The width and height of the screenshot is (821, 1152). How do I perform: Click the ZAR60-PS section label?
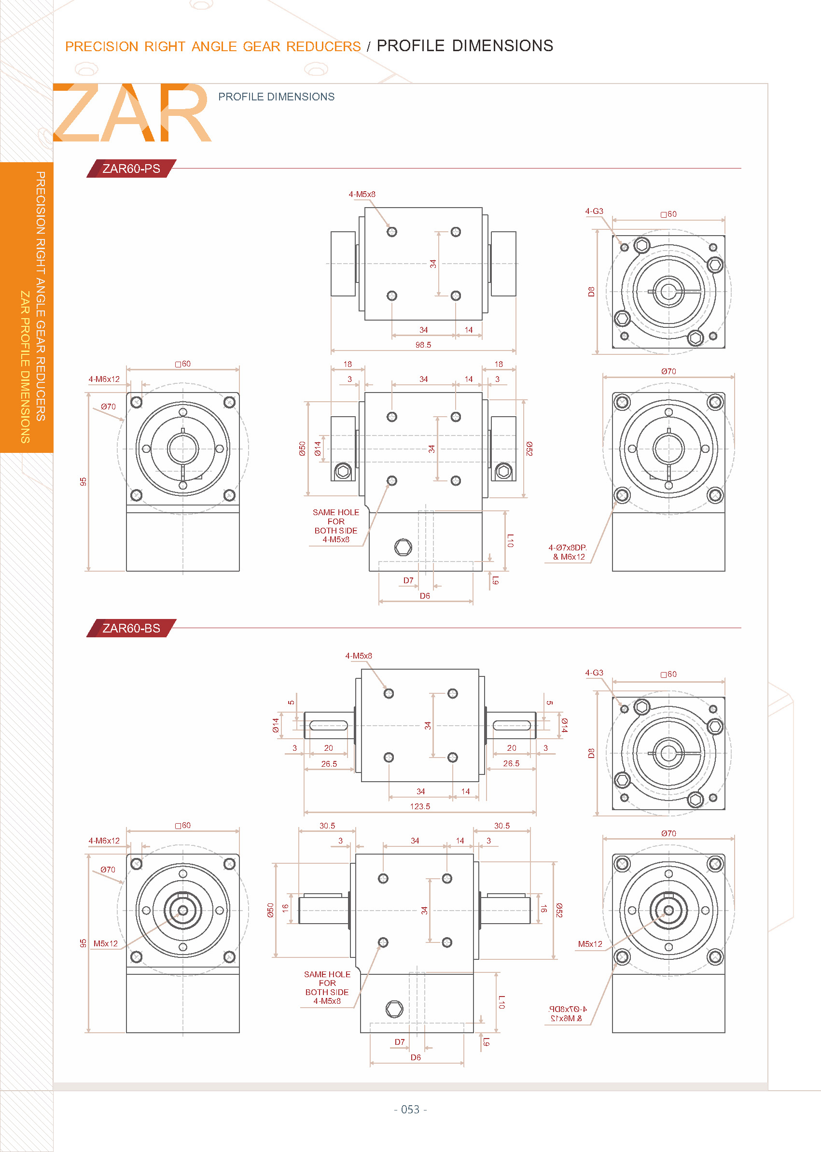tap(131, 169)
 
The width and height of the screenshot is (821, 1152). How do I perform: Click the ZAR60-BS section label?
tap(131, 628)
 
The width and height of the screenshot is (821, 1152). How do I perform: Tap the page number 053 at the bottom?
tap(410, 1109)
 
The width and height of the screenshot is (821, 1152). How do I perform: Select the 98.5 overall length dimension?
tap(423, 345)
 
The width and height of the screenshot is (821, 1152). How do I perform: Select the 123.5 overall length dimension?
tap(419, 806)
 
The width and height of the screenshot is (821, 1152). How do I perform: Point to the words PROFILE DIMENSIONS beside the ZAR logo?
tap(276, 97)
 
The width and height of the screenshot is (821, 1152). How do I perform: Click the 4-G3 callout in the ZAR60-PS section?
tap(594, 211)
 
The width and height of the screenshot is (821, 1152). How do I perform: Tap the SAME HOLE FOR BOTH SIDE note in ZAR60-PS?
tap(335, 525)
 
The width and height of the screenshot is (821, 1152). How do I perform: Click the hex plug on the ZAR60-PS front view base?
tap(403, 547)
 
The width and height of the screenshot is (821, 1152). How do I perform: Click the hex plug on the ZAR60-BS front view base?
tap(394, 1009)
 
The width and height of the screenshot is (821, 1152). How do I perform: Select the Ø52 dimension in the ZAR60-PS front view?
tap(529, 449)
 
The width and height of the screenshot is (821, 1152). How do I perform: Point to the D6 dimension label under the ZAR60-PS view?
tap(425, 596)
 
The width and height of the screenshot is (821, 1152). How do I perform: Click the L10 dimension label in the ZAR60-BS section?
tap(501, 1002)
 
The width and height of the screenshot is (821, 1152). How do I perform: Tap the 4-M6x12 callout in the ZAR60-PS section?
tap(104, 379)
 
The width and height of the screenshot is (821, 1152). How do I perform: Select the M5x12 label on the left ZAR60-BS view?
tap(105, 943)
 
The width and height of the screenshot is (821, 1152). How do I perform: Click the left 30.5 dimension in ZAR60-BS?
tap(327, 825)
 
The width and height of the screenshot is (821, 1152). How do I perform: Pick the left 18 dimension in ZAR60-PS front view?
tap(348, 364)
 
